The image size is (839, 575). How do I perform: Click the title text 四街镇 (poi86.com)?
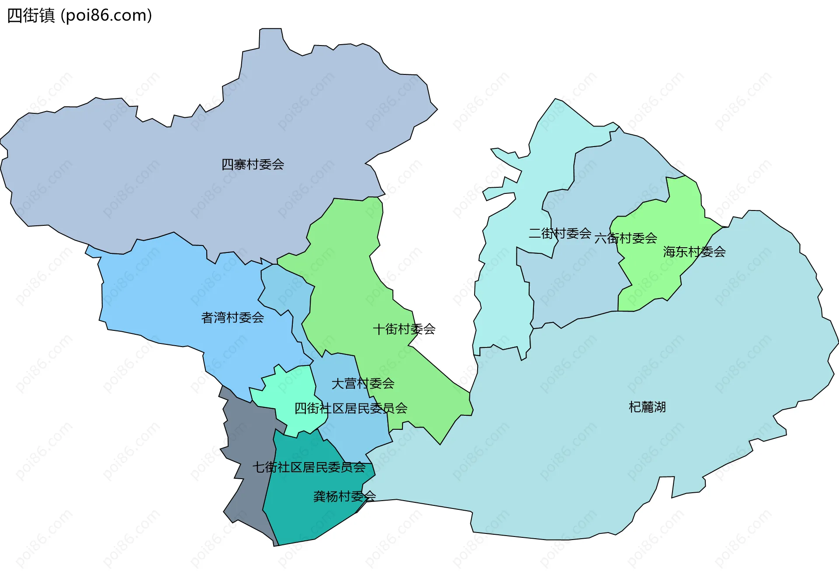80,15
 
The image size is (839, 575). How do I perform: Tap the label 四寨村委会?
253,165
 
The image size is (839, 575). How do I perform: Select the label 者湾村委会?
232,318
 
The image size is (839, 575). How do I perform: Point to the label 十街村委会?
404,329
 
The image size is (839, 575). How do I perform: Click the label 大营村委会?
363,384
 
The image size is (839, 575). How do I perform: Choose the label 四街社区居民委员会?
350,409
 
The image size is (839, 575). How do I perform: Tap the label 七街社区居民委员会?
309,467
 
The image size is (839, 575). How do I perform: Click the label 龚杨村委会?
344,497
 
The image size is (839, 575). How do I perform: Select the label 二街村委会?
560,234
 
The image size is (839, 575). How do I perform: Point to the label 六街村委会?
626,238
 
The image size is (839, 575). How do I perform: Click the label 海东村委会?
694,252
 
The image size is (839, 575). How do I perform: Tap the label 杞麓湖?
647,407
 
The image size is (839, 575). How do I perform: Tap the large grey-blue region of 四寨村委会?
175,175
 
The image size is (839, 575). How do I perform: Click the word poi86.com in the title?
107,15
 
